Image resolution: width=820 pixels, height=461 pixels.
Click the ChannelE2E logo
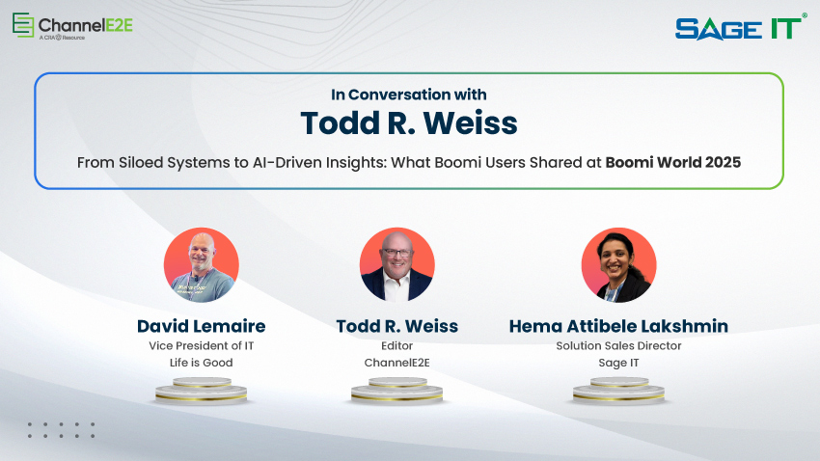pyautogui.click(x=72, y=26)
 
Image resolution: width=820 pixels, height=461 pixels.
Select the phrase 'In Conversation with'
pyautogui.click(x=409, y=95)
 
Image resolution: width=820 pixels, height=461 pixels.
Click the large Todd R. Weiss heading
pyautogui.click(x=409, y=123)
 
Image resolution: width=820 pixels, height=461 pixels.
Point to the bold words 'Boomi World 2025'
pyautogui.click(x=672, y=162)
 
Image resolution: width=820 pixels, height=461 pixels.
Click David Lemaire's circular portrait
pyautogui.click(x=201, y=265)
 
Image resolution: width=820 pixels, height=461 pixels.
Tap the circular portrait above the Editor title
pyautogui.click(x=396, y=265)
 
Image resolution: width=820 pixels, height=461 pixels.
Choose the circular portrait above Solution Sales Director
pyautogui.click(x=618, y=265)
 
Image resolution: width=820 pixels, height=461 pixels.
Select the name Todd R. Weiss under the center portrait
pyautogui.click(x=396, y=326)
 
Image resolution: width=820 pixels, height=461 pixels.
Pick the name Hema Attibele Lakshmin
pyautogui.click(x=618, y=326)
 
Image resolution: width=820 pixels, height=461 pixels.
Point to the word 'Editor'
pyautogui.click(x=396, y=345)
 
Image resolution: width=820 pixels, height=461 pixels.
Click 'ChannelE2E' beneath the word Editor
pyautogui.click(x=396, y=363)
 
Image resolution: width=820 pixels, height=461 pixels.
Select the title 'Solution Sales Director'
pyautogui.click(x=618, y=345)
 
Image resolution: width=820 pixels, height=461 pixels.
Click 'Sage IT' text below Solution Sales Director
pyautogui.click(x=618, y=363)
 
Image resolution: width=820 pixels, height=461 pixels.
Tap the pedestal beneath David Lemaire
pyautogui.click(x=201, y=391)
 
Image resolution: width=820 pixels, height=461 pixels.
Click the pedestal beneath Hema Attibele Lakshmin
pyautogui.click(x=618, y=391)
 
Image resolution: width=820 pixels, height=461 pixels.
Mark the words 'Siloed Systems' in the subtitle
pyautogui.click(x=165, y=162)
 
